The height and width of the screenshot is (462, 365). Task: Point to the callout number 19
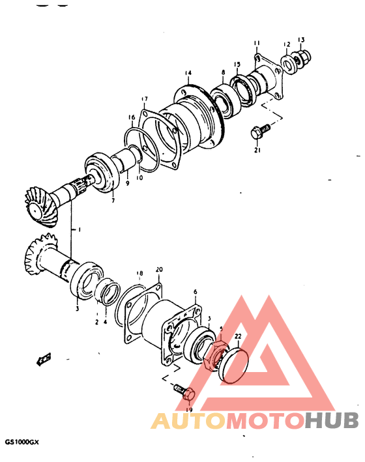pos(189,410)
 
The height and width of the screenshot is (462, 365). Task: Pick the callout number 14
pos(188,72)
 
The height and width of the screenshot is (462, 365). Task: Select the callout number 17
pos(144,99)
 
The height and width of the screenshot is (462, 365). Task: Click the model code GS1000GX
pos(22,441)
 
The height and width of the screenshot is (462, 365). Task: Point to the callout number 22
pos(239,336)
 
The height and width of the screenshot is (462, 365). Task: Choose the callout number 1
pos(79,230)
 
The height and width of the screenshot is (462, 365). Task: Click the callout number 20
pos(159,269)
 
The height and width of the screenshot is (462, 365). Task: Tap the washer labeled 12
pos(286,63)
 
